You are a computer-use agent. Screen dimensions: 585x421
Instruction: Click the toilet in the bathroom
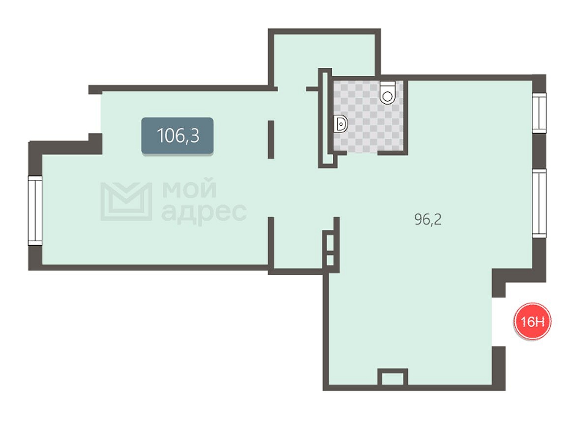pos(388,93)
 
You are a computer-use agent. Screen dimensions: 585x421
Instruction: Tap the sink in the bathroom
pos(341,123)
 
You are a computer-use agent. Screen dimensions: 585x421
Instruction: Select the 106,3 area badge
pos(177,136)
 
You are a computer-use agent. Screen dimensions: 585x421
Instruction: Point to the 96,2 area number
pos(428,219)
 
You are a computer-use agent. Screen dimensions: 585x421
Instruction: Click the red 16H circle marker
pos(532,321)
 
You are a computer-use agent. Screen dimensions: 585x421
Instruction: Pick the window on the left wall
pos(35,211)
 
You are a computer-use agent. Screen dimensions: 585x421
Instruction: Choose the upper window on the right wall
pos(539,113)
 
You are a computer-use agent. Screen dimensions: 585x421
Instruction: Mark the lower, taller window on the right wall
pos(539,203)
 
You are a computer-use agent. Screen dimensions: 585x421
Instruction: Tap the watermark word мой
pos(189,189)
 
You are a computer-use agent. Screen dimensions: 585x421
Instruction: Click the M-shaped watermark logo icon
pos(126,201)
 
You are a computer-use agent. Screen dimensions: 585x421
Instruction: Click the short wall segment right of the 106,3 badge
pos(271,140)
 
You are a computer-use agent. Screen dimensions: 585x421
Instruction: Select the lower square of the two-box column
pos(330,260)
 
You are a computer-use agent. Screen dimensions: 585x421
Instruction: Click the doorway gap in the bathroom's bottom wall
pos(362,152)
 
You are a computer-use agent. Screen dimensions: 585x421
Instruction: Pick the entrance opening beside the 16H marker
pos(498,322)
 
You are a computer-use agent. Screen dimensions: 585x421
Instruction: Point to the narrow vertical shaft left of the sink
pos(324,118)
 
